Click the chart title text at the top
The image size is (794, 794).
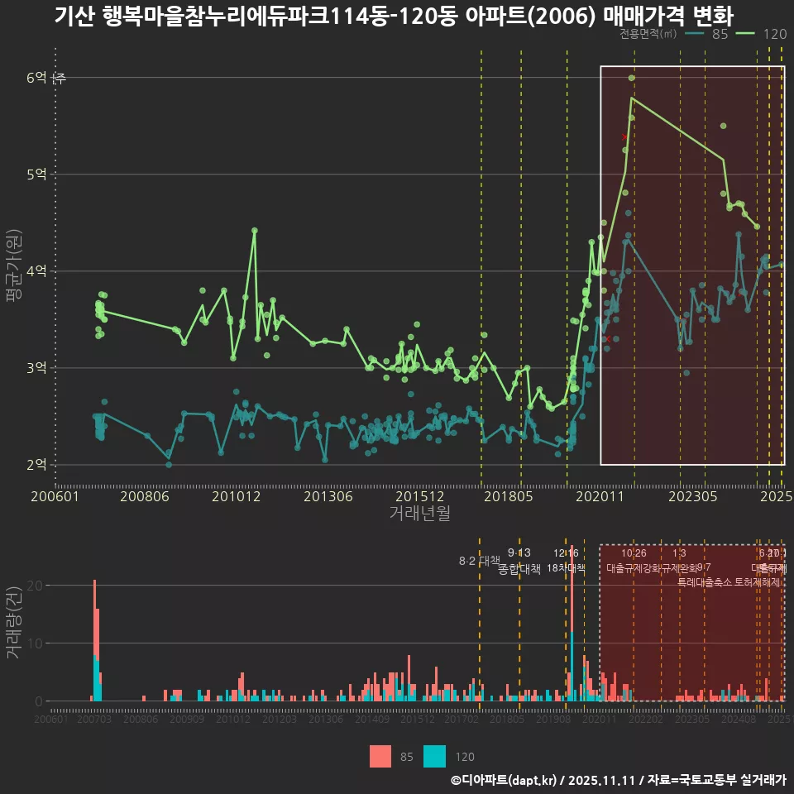click(394, 17)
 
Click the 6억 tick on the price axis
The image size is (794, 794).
click(37, 78)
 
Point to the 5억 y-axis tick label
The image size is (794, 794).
click(37, 175)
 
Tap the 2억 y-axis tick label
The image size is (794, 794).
click(37, 465)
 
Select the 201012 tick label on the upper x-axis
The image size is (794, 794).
click(237, 497)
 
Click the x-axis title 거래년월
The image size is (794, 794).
click(419, 514)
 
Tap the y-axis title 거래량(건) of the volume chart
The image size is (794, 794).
click(13, 623)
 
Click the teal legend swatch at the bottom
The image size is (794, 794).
click(434, 756)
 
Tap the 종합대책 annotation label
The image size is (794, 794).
click(519, 569)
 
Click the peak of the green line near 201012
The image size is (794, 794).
click(255, 230)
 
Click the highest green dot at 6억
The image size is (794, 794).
click(632, 78)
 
